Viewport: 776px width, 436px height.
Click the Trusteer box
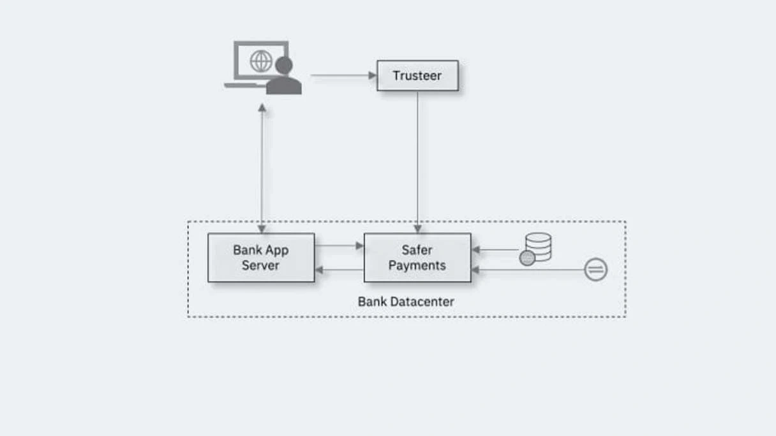pos(417,76)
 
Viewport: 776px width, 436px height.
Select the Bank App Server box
pos(261,258)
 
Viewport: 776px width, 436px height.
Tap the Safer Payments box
pos(417,258)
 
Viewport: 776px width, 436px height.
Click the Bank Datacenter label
pos(406,302)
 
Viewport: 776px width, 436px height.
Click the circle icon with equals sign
pos(595,270)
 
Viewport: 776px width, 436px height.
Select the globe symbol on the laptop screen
pos(261,61)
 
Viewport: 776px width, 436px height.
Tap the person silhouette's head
pos(284,66)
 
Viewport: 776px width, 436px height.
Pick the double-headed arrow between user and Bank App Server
pos(262,169)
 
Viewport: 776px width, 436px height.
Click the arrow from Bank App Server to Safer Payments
pos(339,245)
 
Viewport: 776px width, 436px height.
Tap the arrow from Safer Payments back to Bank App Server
pos(339,270)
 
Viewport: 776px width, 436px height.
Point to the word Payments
pos(417,266)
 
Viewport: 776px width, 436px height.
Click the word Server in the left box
pos(261,266)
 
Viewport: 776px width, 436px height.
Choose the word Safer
pos(417,250)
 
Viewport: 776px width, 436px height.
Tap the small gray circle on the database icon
pos(527,258)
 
